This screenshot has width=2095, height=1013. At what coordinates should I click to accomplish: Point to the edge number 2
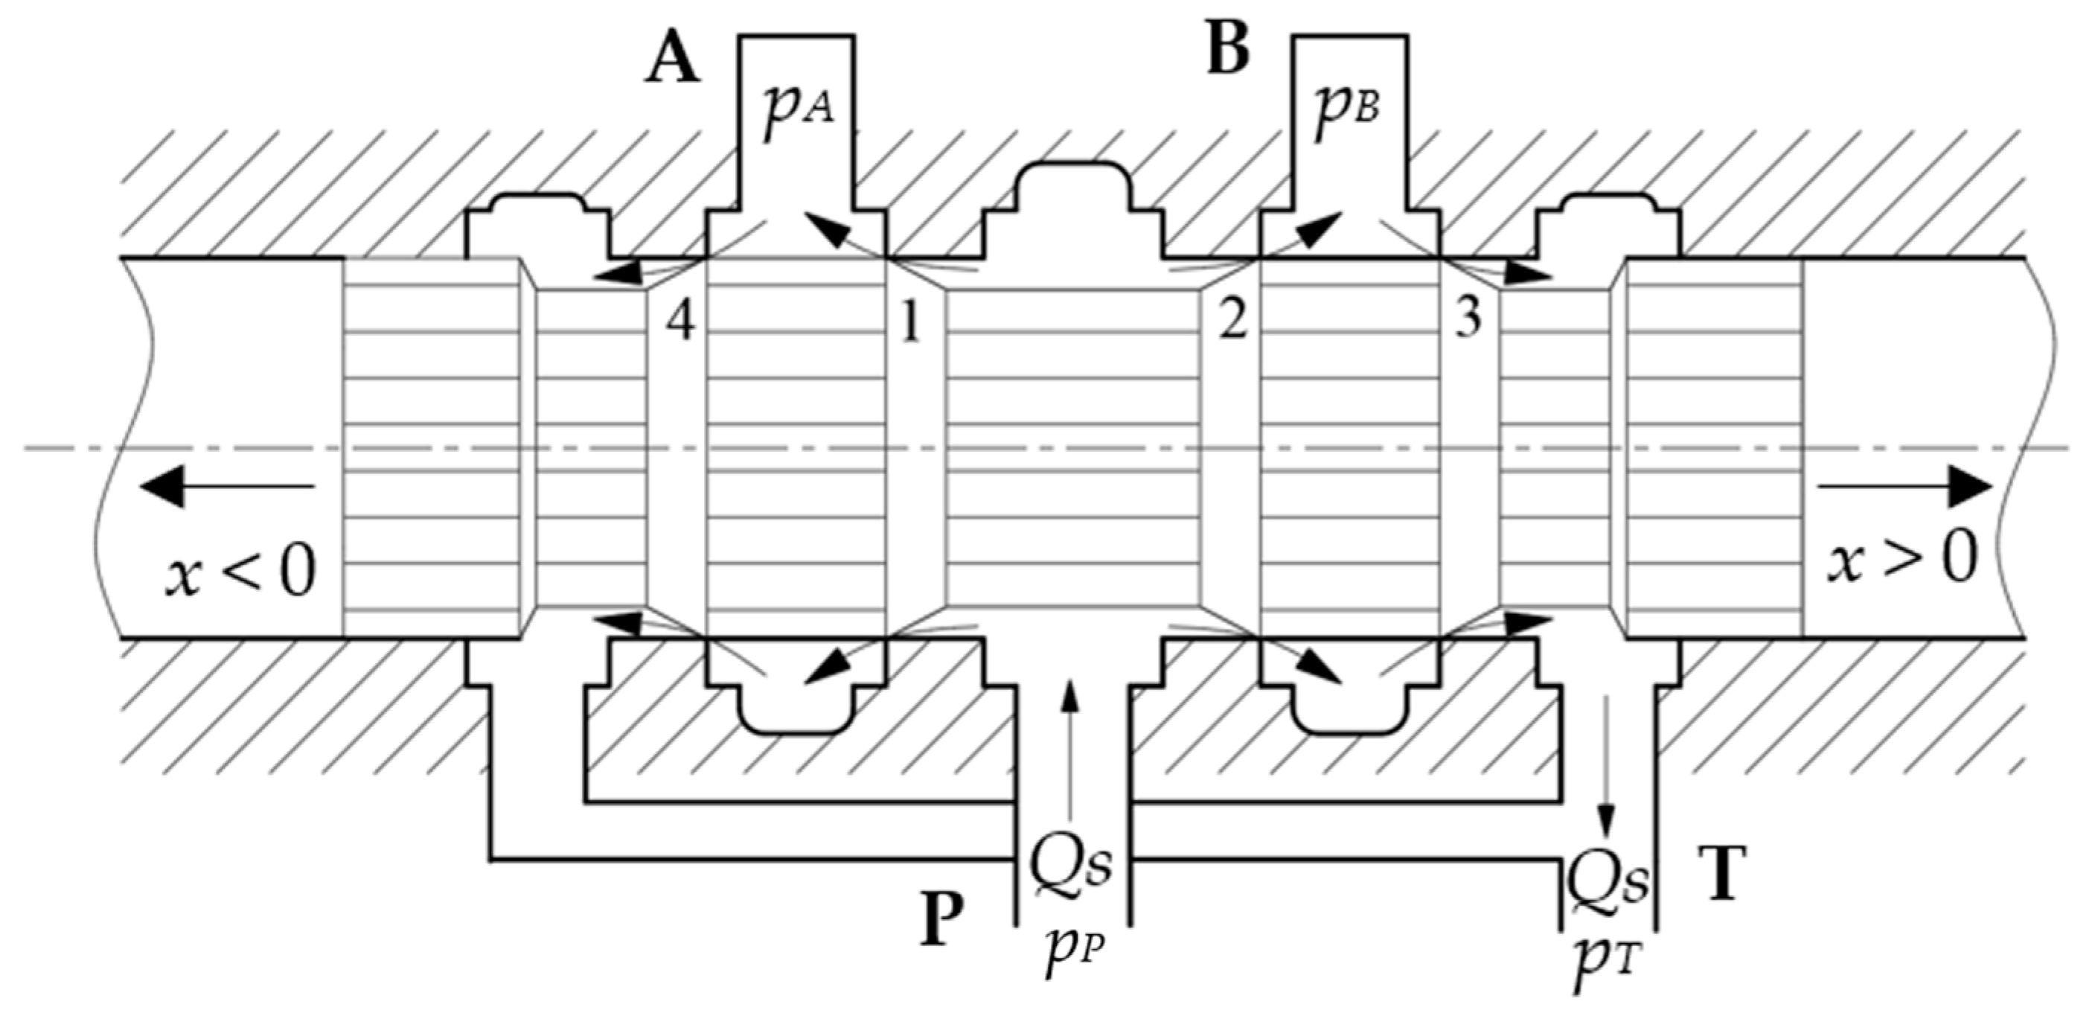click(x=1233, y=321)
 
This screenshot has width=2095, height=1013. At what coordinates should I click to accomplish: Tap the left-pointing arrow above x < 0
click(x=228, y=488)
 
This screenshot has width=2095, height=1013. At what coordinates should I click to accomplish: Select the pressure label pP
click(x=1073, y=955)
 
